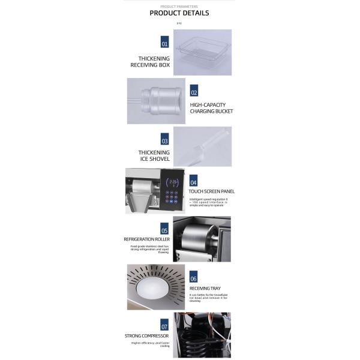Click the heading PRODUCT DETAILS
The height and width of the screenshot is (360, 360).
tap(179, 13)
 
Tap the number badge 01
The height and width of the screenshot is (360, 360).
tap(164, 43)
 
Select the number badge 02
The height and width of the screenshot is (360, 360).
tap(194, 92)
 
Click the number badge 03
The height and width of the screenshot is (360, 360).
tap(164, 141)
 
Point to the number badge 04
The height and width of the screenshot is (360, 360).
tap(193, 182)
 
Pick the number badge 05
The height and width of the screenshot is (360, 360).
tap(164, 230)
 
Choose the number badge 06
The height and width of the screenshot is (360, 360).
tap(193, 278)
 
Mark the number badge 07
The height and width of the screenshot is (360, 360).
tap(164, 327)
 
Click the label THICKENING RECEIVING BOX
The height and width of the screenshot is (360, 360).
tap(154, 61)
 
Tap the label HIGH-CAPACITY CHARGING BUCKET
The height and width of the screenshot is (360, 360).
tap(211, 108)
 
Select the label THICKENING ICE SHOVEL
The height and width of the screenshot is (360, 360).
tap(154, 156)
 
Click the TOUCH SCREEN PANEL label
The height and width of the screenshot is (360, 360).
tap(211, 191)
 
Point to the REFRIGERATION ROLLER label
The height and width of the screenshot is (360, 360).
tap(146, 239)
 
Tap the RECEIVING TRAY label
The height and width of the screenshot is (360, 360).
tap(205, 288)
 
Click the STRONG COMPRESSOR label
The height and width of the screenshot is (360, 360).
tap(146, 336)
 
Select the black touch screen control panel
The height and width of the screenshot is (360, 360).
tap(173, 191)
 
